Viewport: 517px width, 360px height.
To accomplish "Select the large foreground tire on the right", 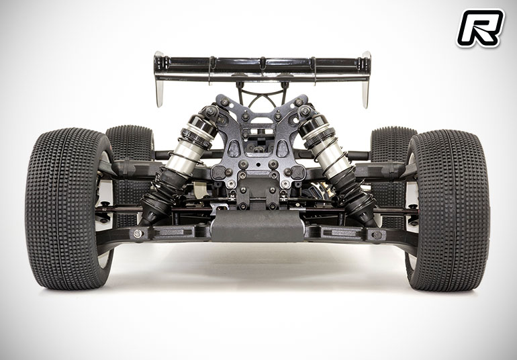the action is coord(447,210).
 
